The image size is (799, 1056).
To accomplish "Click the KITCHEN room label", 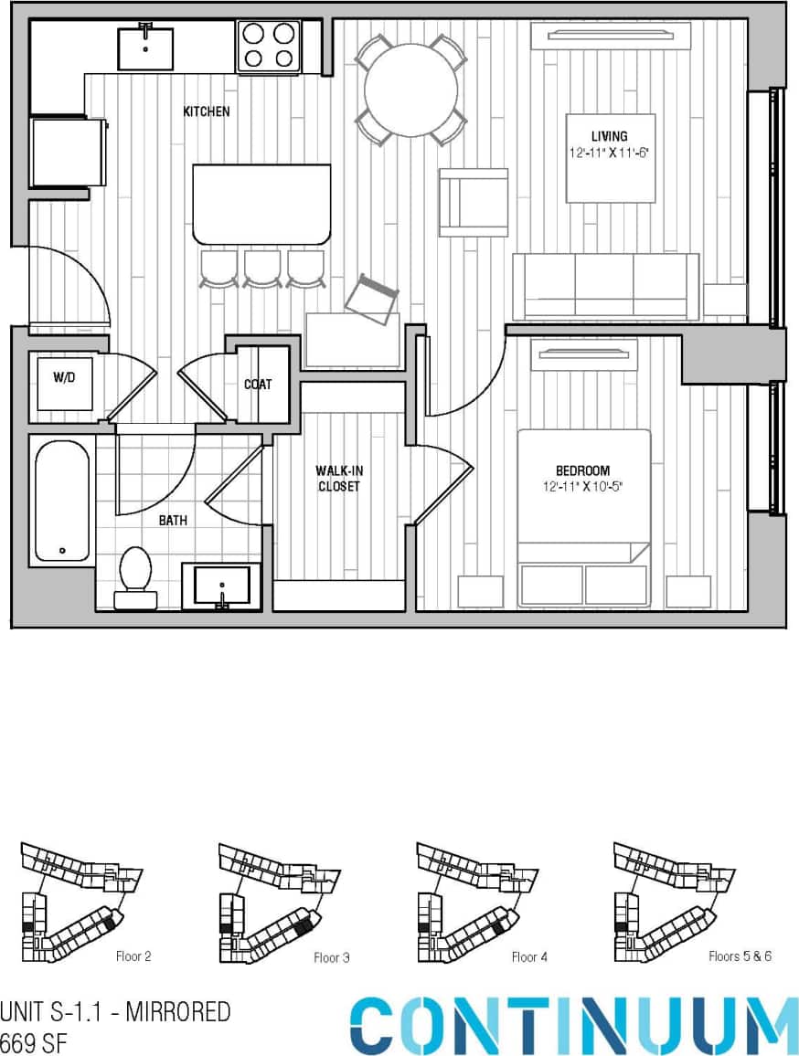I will coord(206,111).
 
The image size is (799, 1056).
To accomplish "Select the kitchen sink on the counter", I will coord(145,48).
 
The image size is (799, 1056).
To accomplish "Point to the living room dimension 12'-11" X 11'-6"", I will coord(610,153).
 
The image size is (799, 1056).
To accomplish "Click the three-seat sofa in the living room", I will coord(605,287).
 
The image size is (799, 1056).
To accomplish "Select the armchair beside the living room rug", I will coord(473,202).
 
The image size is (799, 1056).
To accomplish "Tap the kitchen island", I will coord(261,204).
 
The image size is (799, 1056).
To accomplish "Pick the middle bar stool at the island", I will coord(262,269).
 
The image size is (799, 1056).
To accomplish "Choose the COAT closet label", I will coord(258,385).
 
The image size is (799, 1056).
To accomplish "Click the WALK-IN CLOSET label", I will coord(338,479).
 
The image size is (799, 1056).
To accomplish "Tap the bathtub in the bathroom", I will coord(62,501).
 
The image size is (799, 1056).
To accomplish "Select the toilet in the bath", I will coord(135,577).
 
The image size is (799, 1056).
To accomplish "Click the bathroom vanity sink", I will coord(221,586).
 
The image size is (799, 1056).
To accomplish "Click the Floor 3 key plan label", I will coord(331,958).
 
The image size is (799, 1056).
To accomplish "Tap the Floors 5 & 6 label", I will coord(740,956).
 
